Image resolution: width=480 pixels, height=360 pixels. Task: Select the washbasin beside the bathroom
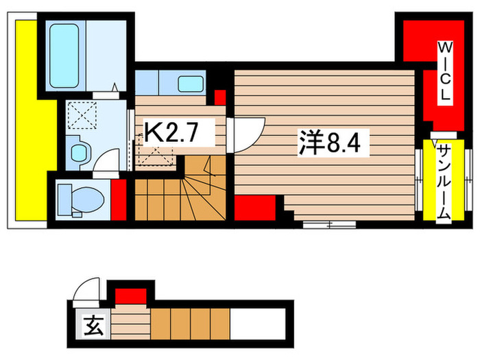click(78, 147)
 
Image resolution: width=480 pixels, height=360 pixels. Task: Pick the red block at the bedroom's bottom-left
click(255, 208)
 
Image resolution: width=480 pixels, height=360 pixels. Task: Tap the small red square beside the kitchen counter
click(220, 97)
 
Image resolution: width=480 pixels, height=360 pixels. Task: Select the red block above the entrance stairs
click(130, 296)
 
